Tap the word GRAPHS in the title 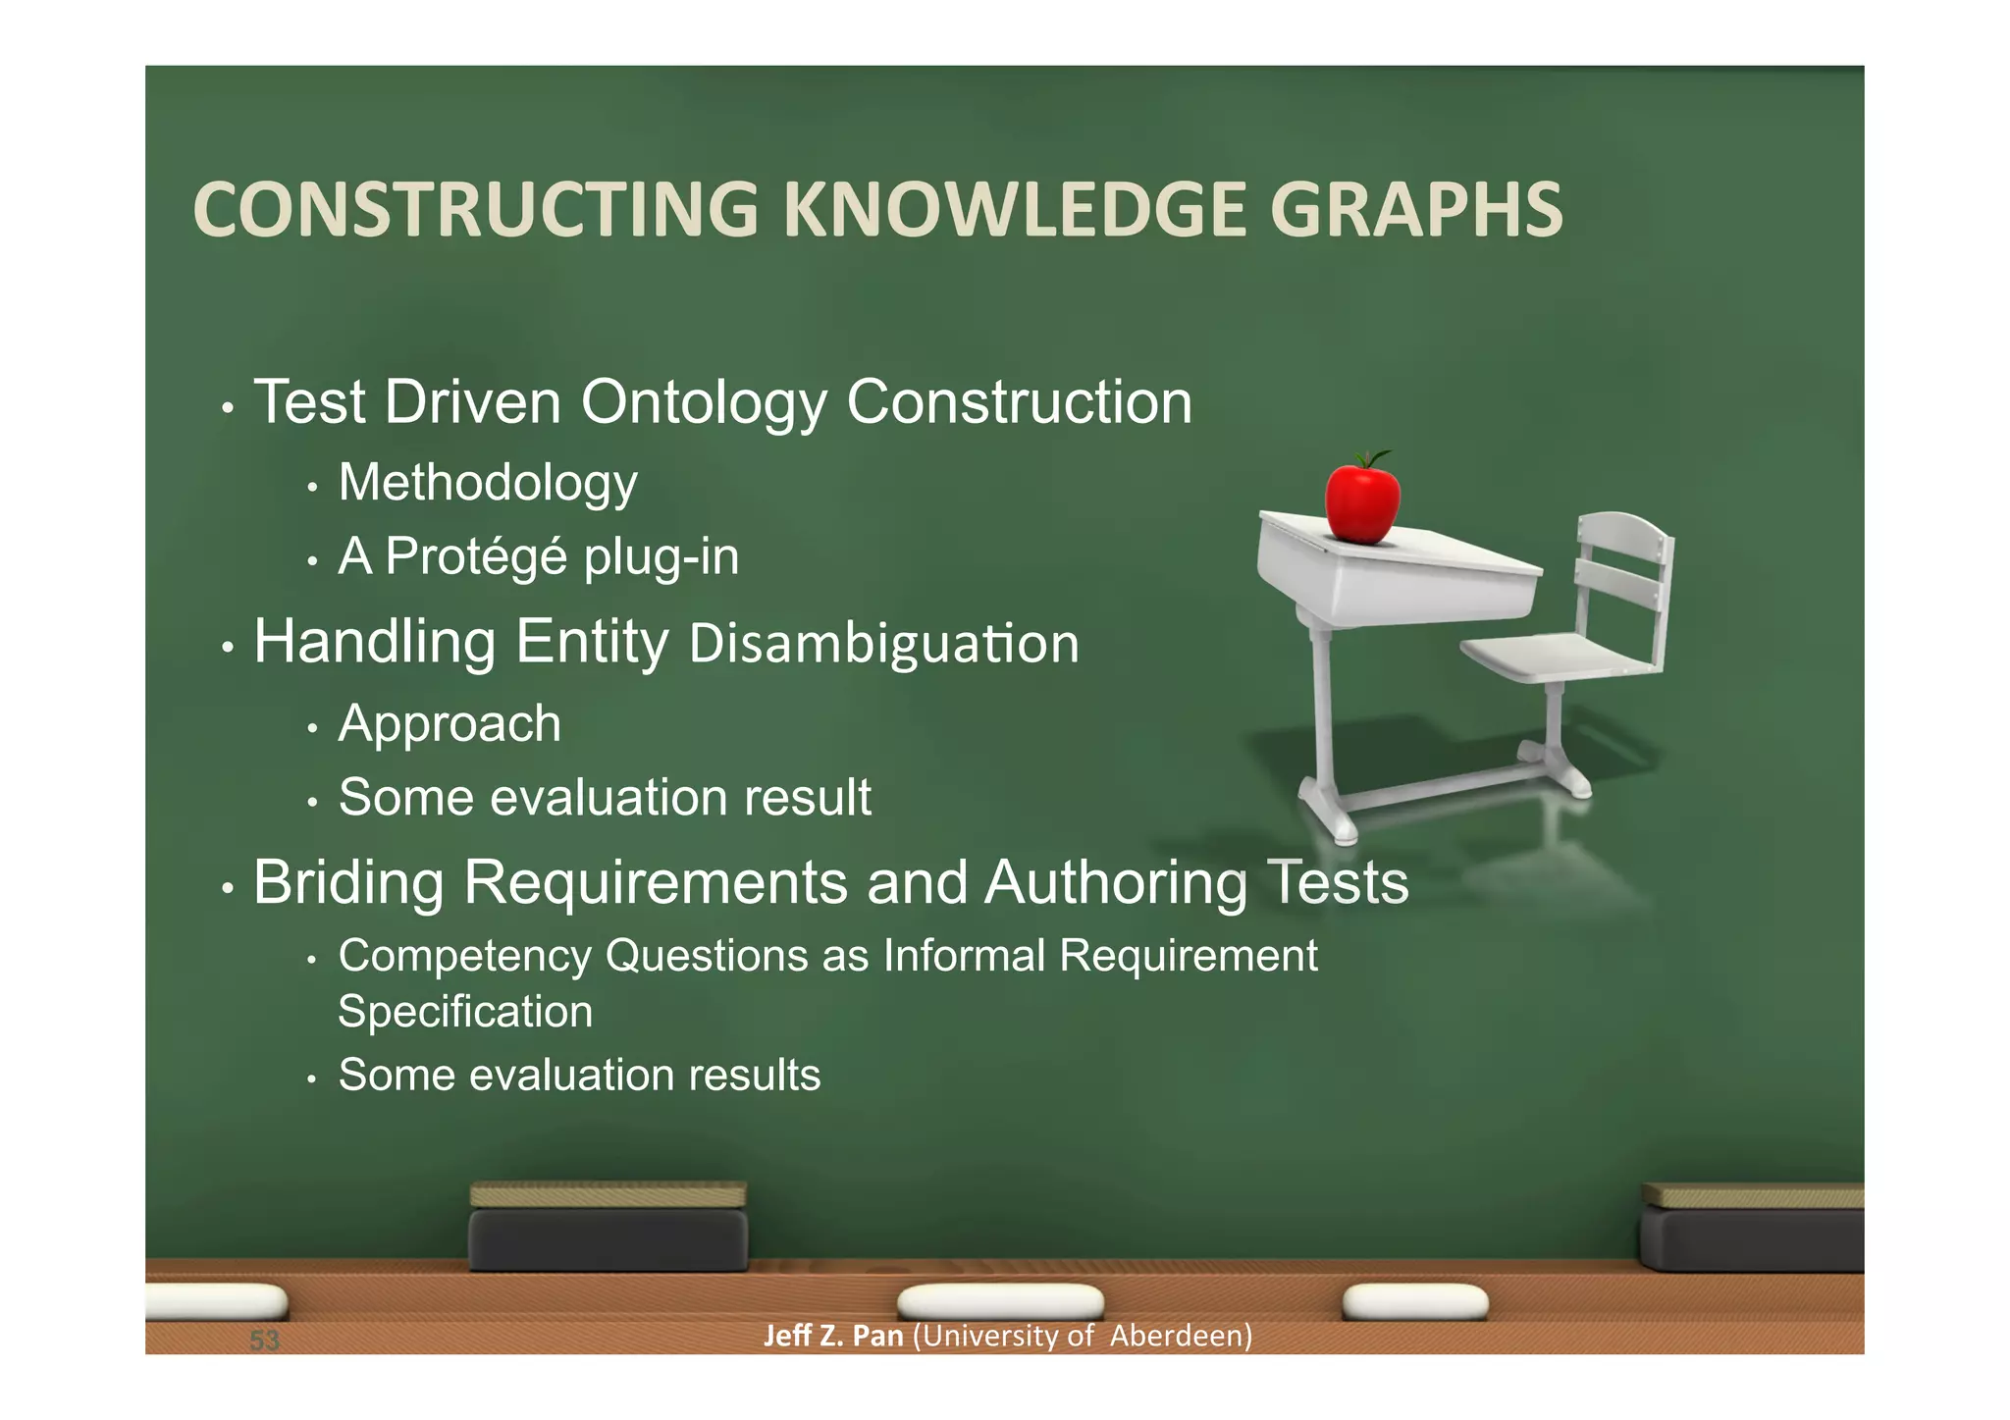pos(1415,210)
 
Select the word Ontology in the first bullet pos(704,403)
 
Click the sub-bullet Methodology pos(488,483)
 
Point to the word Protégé pos(476,556)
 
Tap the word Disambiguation pos(883,644)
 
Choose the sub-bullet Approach pos(450,724)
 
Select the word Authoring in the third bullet pos(1115,882)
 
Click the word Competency pos(464,956)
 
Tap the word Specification pos(465,1012)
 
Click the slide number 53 pos(264,1341)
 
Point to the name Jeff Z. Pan pos(832,1336)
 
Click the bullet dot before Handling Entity pos(228,648)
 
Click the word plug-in pos(661,557)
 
